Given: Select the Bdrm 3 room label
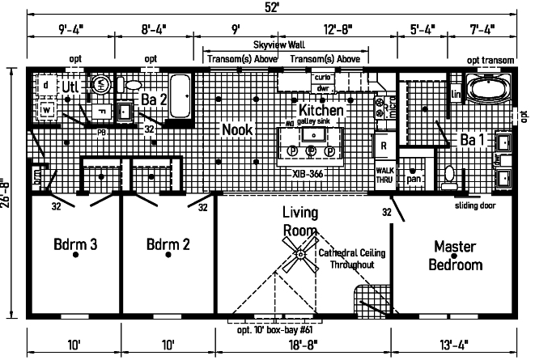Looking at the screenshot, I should click(x=75, y=244).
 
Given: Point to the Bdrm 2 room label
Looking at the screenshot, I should click(x=169, y=244).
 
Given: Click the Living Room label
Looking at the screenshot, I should click(x=299, y=222).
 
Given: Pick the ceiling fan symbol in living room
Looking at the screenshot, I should click(x=300, y=256).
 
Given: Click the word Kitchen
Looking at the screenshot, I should click(x=321, y=110).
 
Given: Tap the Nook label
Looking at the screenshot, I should click(x=237, y=129).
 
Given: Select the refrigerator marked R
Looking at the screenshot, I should click(x=383, y=146).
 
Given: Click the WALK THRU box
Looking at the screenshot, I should click(x=384, y=175).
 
